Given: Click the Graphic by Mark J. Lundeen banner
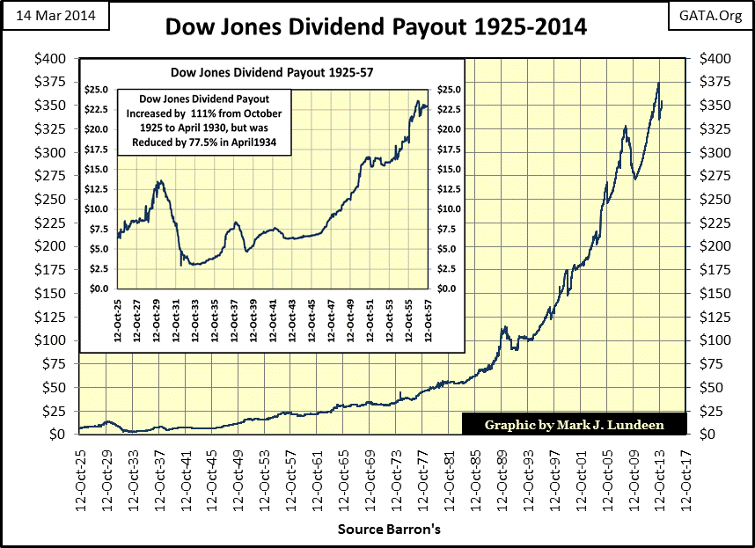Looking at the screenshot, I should tap(574, 425).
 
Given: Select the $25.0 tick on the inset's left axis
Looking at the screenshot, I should tap(96, 90).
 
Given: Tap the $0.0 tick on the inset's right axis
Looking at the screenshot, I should tap(448, 289).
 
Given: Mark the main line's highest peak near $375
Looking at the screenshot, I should tap(658, 84).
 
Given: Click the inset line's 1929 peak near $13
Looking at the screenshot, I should tap(159, 181).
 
